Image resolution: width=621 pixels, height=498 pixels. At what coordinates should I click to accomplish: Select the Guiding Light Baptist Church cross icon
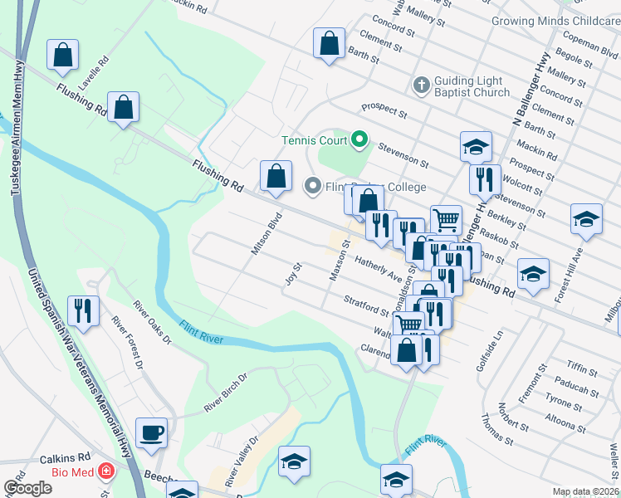[421, 84]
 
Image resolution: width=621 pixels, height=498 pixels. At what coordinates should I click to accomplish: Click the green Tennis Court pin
[359, 138]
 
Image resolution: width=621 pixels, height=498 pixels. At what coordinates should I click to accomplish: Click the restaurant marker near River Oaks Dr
[83, 311]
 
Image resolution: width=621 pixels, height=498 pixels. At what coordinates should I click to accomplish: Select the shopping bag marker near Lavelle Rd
[63, 56]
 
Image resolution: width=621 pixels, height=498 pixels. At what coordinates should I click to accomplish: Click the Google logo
[27, 488]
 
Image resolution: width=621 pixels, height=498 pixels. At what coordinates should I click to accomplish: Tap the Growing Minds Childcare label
[555, 20]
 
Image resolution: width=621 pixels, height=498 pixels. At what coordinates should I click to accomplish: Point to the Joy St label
[292, 273]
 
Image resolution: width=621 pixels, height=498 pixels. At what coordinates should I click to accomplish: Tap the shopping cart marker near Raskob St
[446, 220]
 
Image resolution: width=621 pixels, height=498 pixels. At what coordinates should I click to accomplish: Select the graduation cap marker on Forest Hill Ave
[586, 220]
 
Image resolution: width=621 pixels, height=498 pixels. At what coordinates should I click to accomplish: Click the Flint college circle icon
[312, 186]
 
